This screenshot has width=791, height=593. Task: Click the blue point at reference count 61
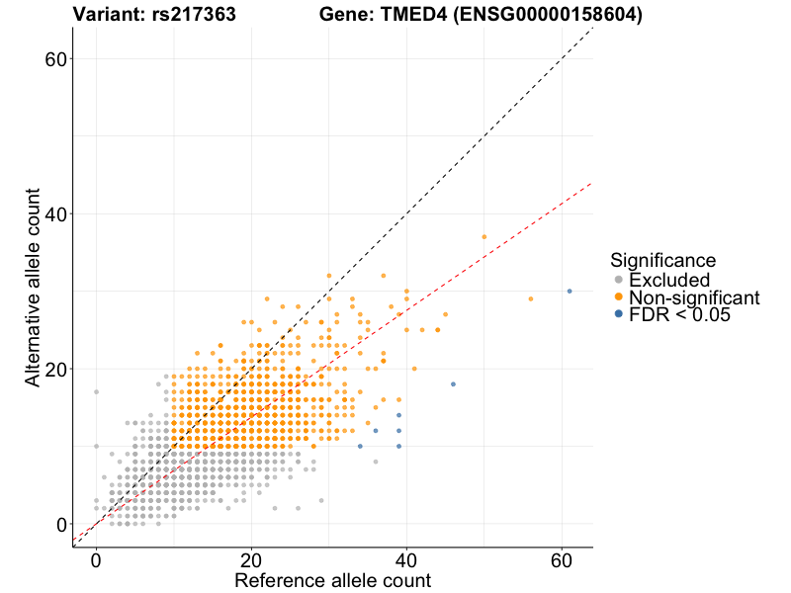(x=570, y=291)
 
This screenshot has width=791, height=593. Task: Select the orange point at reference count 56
(x=531, y=298)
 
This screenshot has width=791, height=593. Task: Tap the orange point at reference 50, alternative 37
(x=484, y=237)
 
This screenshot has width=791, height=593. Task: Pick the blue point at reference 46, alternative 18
(x=453, y=384)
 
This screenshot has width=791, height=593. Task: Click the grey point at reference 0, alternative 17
(x=96, y=392)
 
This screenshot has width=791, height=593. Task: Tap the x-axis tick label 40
(x=406, y=560)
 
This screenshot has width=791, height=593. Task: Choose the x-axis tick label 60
(x=562, y=560)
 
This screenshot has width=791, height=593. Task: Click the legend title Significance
(x=662, y=261)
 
